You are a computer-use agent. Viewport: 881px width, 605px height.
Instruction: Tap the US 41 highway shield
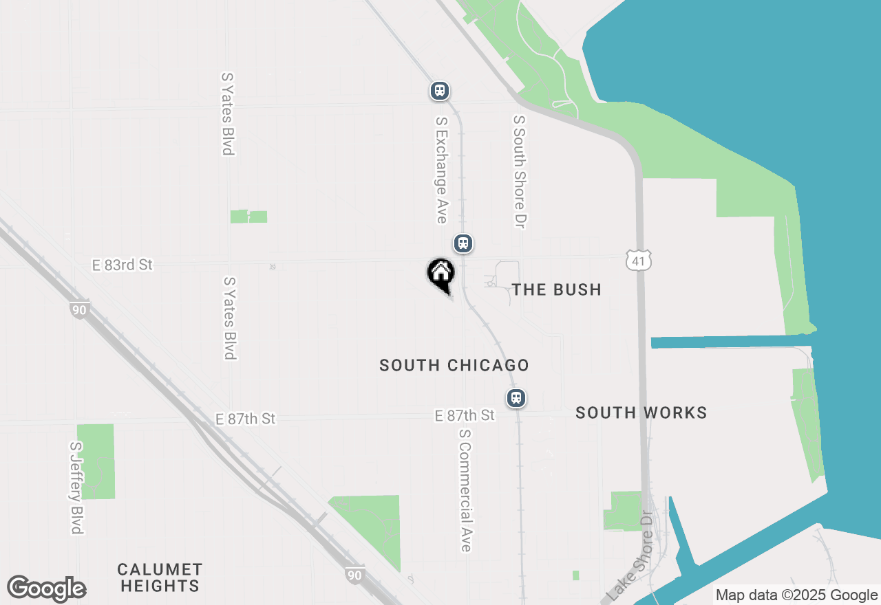point(639,260)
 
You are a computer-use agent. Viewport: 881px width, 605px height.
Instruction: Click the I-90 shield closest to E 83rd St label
point(79,309)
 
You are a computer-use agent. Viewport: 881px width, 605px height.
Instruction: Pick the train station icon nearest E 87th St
point(516,397)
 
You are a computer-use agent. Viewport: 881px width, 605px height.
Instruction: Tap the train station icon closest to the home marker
point(463,243)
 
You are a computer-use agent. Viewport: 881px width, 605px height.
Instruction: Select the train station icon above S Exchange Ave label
point(440,90)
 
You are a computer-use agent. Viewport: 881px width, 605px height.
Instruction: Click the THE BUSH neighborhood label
point(557,289)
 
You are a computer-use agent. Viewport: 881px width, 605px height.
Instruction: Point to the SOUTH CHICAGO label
point(454,365)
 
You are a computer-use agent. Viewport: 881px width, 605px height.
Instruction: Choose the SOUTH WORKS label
point(641,412)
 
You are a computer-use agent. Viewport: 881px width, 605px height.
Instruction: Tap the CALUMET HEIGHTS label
point(160,577)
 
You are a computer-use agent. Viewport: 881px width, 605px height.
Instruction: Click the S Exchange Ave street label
point(441,169)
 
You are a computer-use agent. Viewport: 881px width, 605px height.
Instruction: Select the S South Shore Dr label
point(520,171)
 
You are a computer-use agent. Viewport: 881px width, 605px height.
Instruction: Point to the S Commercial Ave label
point(465,490)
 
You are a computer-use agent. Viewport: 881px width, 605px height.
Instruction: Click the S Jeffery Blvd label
point(76,487)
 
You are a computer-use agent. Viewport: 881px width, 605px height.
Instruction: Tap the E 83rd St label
point(123,265)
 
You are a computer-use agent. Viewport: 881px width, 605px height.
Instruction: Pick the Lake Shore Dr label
point(630,558)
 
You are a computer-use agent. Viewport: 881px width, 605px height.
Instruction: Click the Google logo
point(46,589)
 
